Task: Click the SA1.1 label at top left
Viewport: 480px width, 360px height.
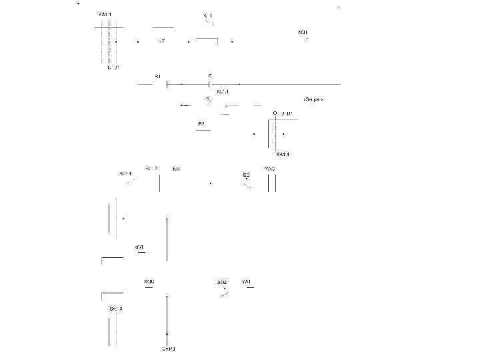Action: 105,14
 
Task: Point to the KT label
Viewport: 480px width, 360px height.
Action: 161,41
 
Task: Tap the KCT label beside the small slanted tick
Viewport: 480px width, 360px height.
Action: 303,32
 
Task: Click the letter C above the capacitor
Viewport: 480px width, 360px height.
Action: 210,76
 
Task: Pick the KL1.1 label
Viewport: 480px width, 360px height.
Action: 223,92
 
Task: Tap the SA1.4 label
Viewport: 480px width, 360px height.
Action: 283,155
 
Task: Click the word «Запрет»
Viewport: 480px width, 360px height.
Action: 313,99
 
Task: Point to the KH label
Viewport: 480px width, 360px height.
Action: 176,169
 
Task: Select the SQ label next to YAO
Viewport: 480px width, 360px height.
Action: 246,175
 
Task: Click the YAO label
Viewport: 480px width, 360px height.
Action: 269,169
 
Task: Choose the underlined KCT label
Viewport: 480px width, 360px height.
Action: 139,247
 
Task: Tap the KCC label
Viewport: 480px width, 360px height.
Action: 149,282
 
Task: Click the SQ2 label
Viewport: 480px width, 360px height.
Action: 222,283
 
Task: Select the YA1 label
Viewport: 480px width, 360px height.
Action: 246,282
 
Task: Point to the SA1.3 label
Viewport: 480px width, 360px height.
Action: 116,309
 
